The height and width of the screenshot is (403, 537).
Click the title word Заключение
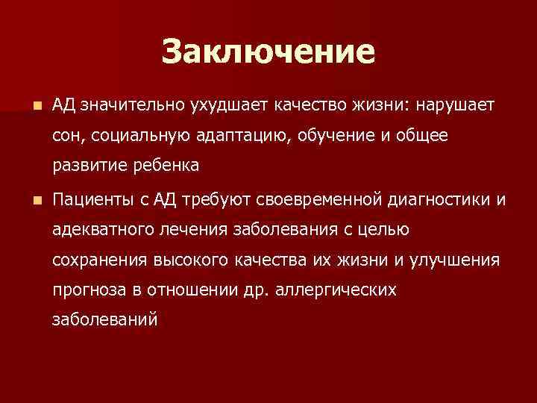click(x=268, y=52)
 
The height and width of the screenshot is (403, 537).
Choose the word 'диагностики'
click(x=441, y=200)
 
